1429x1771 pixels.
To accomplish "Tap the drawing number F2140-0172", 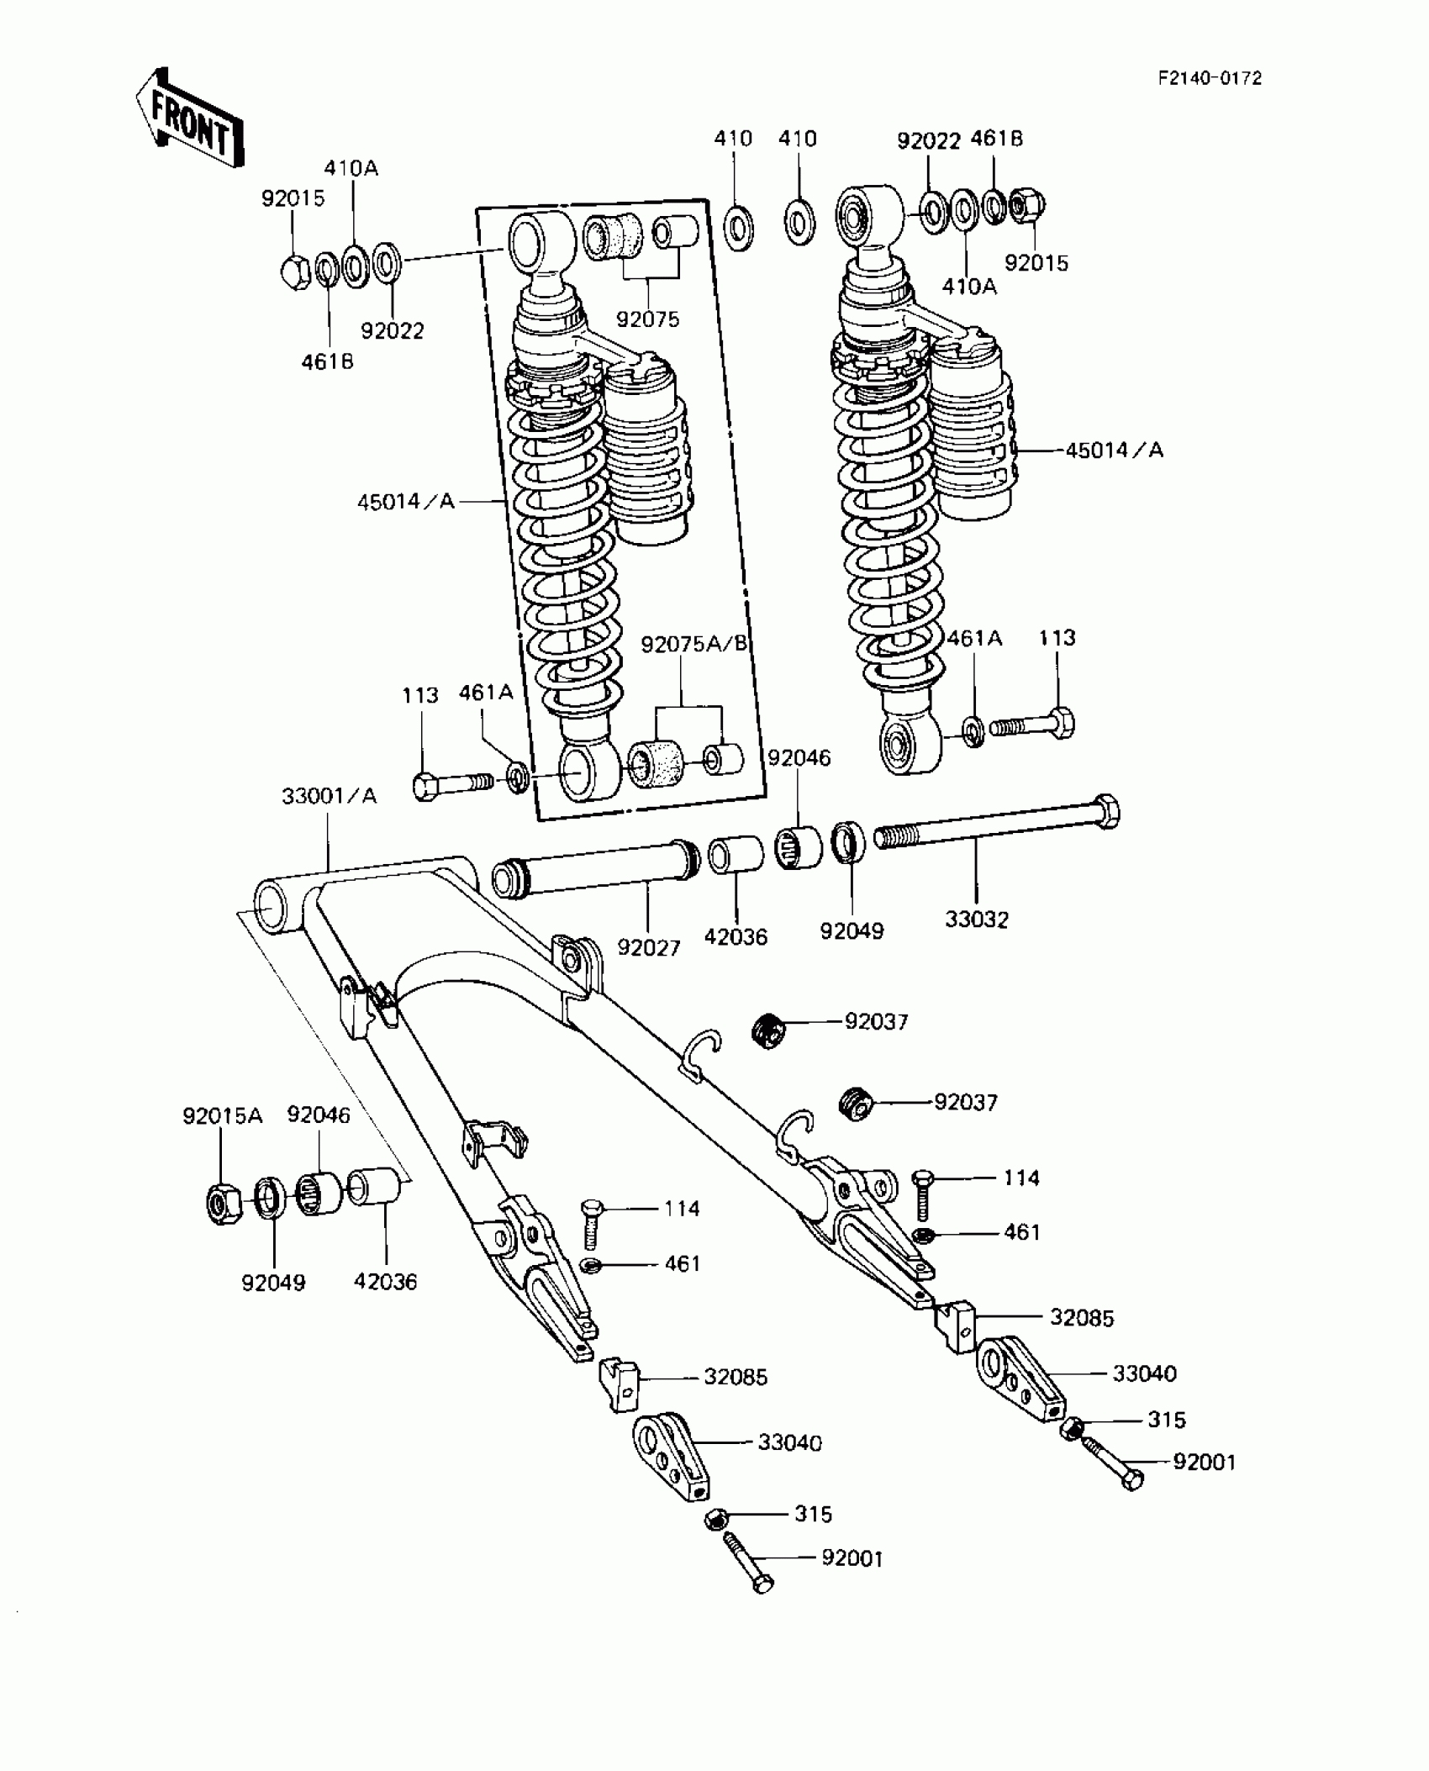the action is (1210, 78).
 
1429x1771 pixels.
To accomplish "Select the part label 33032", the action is (976, 920).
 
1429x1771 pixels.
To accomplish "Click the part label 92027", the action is (648, 947).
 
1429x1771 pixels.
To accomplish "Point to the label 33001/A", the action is (329, 796).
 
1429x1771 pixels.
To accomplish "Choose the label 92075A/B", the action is (693, 645).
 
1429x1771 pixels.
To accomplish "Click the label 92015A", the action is (222, 1116).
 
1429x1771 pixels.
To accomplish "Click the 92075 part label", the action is (647, 319).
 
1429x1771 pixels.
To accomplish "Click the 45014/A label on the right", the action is (1114, 451).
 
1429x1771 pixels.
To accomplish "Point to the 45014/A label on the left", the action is (405, 502).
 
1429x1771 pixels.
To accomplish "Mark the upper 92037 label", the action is (876, 1022).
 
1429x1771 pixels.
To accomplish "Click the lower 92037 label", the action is (965, 1102).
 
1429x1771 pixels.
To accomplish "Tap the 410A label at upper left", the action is (351, 168).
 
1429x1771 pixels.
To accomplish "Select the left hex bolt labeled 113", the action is (451, 784).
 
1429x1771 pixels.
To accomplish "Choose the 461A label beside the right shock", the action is (974, 639).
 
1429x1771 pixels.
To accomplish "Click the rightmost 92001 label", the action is (1204, 1463).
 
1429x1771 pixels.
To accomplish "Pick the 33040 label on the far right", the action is (1143, 1373).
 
